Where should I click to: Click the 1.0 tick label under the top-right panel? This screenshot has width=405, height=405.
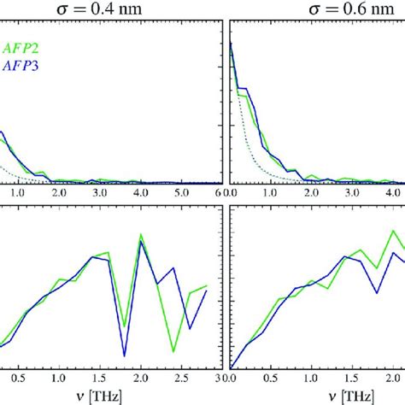273,195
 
